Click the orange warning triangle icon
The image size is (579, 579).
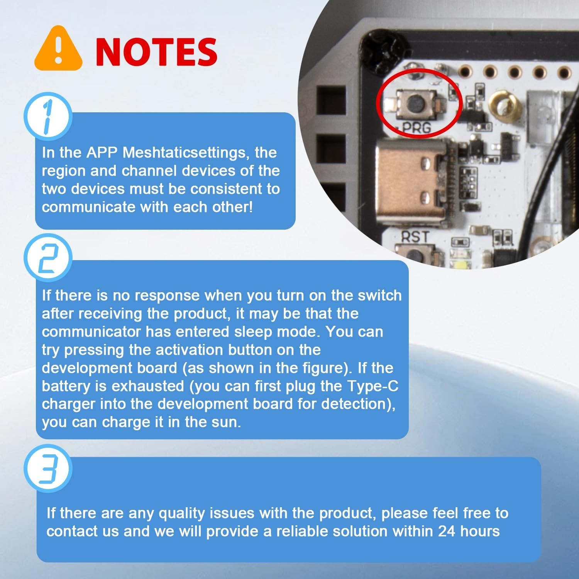coord(58,50)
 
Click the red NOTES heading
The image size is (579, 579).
coord(156,52)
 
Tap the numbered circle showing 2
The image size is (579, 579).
coord(47,258)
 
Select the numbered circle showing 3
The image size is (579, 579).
coord(47,468)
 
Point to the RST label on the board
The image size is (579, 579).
coord(415,237)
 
